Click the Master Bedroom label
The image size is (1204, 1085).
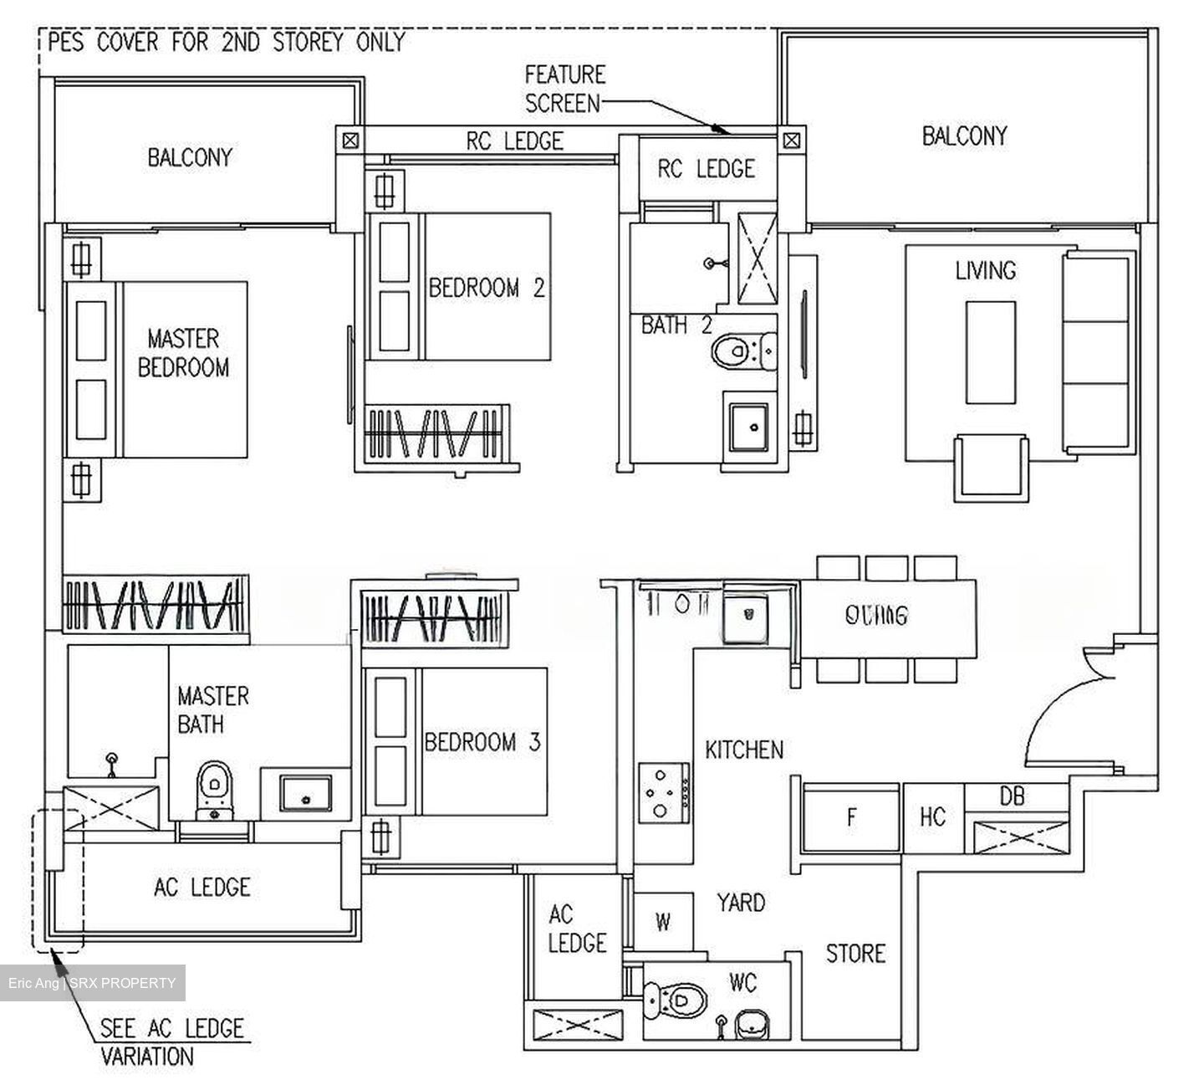click(x=183, y=353)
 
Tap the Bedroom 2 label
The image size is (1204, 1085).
click(x=487, y=289)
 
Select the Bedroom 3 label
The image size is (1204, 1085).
click(x=482, y=742)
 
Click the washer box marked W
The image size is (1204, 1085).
click(x=663, y=923)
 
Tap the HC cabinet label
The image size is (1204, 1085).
click(x=933, y=817)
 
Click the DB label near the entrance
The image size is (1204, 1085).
click(x=1012, y=797)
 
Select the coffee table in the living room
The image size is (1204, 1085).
click(x=990, y=353)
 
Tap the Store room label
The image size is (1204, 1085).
click(x=855, y=954)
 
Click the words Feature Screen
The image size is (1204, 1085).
click(x=564, y=89)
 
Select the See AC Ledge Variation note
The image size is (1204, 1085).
click(x=171, y=1041)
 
